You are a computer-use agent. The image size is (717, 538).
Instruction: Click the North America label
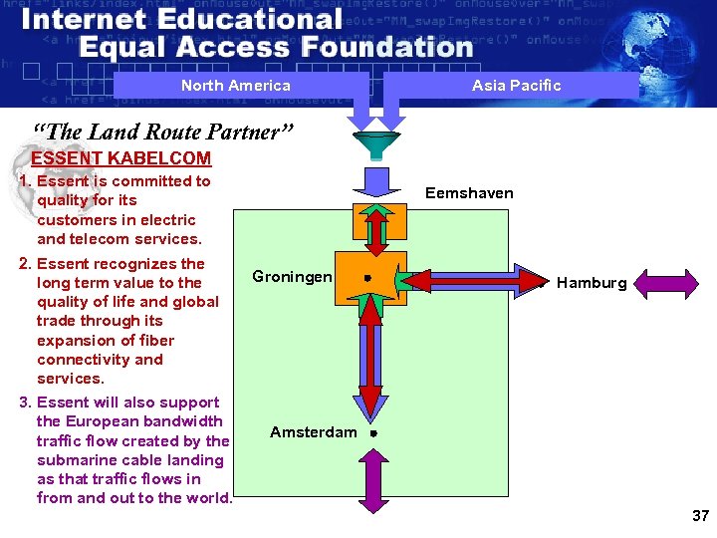tap(236, 86)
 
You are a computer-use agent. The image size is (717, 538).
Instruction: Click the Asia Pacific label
tap(516, 86)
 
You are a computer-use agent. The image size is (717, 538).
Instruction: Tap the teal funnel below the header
tap(369, 143)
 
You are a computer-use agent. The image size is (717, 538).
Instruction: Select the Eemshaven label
tap(469, 193)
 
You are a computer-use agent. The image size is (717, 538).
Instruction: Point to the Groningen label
tap(292, 276)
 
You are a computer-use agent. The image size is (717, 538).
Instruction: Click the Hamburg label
tap(592, 283)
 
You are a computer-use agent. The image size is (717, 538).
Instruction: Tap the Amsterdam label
tap(313, 432)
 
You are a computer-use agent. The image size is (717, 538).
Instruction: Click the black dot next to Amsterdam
tap(371, 433)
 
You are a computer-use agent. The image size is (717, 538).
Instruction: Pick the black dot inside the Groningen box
tap(368, 279)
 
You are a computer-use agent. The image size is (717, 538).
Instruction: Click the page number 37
tap(699, 516)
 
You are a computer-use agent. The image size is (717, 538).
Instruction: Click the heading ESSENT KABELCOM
tap(121, 158)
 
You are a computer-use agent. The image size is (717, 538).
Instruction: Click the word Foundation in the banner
tap(387, 47)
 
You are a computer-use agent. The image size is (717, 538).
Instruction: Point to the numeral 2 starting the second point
tap(24, 264)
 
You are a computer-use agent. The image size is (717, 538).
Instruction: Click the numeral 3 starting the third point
tap(24, 403)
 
